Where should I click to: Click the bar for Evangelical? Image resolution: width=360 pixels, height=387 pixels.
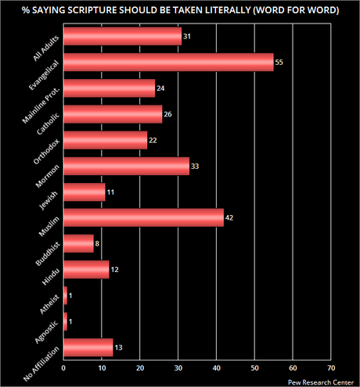pyautogui.click(x=168, y=63)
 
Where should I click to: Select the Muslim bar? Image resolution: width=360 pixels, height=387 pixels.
pyautogui.click(x=143, y=217)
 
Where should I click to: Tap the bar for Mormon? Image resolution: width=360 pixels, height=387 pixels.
pyautogui.click(x=126, y=166)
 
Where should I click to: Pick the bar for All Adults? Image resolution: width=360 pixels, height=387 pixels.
pyautogui.click(x=122, y=37)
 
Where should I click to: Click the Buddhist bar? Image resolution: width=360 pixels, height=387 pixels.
pyautogui.click(x=78, y=243)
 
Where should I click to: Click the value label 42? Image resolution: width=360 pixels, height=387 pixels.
pyautogui.click(x=230, y=218)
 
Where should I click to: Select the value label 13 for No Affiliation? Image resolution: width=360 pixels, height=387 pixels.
pyautogui.click(x=119, y=347)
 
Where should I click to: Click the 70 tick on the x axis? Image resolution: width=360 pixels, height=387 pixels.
pyautogui.click(x=330, y=367)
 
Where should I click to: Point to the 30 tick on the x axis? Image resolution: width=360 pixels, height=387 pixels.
pyautogui.click(x=178, y=367)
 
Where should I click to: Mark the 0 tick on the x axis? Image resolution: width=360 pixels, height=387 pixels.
pyautogui.click(x=63, y=367)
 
